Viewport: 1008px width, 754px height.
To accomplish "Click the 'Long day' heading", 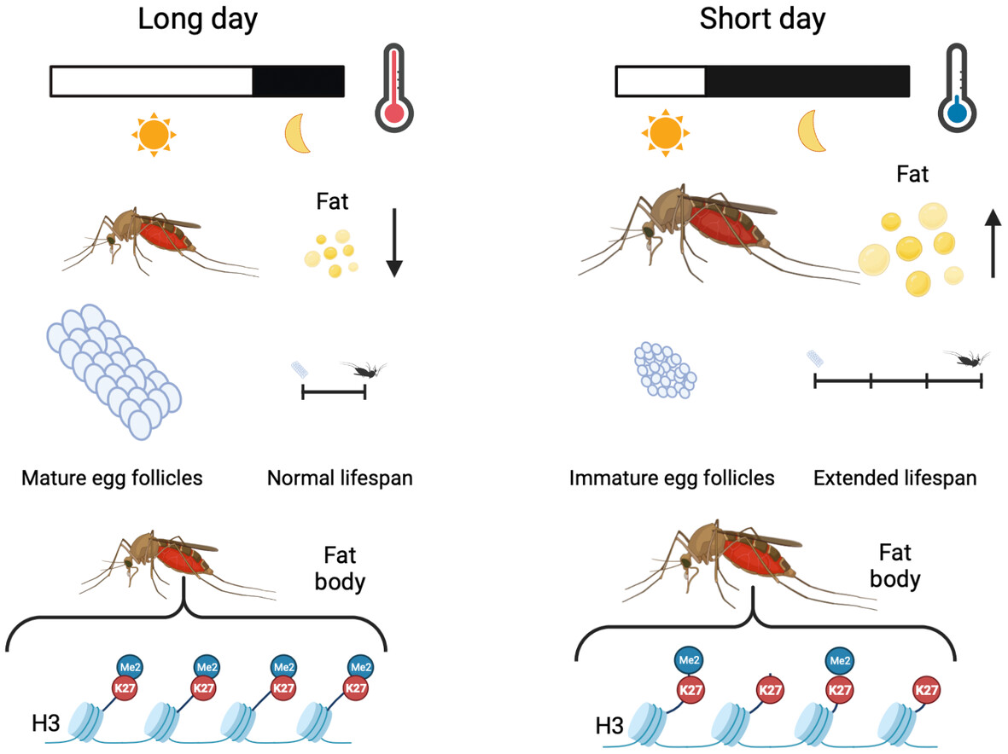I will tap(197, 20).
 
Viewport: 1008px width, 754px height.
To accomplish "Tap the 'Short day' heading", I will tap(762, 20).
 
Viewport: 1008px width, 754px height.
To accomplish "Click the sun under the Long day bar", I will tap(153, 133).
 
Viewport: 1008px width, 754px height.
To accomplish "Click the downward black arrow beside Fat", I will tap(393, 244).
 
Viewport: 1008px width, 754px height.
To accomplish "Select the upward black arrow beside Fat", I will tap(993, 244).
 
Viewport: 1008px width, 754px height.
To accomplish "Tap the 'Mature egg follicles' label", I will tap(112, 478).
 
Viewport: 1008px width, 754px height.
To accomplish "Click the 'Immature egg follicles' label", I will tap(672, 478).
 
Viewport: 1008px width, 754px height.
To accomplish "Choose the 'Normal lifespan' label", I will tap(340, 478).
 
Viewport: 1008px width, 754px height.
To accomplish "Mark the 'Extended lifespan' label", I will tap(894, 478).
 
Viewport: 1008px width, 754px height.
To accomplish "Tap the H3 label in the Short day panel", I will tap(609, 727).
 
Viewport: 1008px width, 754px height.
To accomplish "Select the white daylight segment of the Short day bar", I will tap(661, 81).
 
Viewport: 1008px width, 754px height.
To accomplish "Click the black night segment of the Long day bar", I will tap(298, 81).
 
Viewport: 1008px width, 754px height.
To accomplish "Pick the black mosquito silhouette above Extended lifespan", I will tap(967, 358).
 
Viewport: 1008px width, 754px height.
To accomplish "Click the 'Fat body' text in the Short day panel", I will tap(894, 565).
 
